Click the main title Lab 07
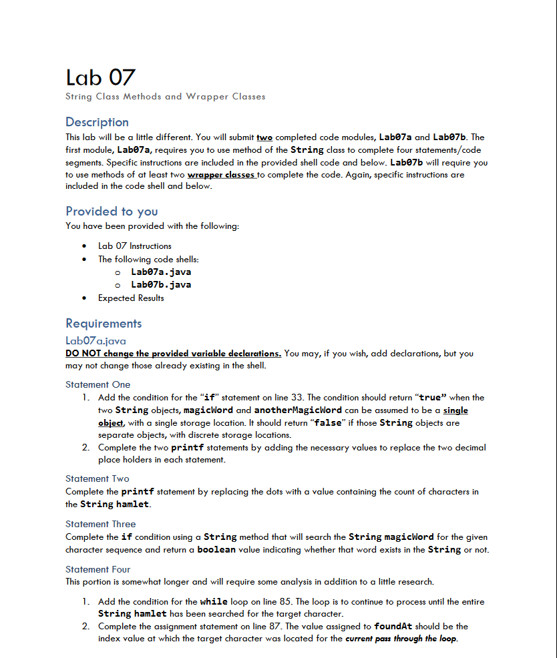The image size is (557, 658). (100, 77)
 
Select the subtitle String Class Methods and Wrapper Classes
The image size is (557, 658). (165, 97)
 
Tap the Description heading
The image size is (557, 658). (97, 122)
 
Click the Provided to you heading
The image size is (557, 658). (112, 212)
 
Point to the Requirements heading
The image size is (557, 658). (104, 324)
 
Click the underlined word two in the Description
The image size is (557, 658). (264, 137)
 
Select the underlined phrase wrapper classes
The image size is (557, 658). (222, 175)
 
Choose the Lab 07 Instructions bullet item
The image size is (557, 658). (134, 246)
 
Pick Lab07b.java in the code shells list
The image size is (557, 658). (161, 285)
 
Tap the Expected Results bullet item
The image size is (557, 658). (131, 298)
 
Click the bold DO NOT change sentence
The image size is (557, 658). (173, 354)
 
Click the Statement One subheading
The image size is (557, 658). (98, 385)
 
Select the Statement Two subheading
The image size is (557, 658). (98, 479)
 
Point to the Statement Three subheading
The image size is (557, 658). (100, 525)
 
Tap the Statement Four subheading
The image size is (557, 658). (98, 570)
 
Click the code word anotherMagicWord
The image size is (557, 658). (298, 410)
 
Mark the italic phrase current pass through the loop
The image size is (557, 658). (401, 639)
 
